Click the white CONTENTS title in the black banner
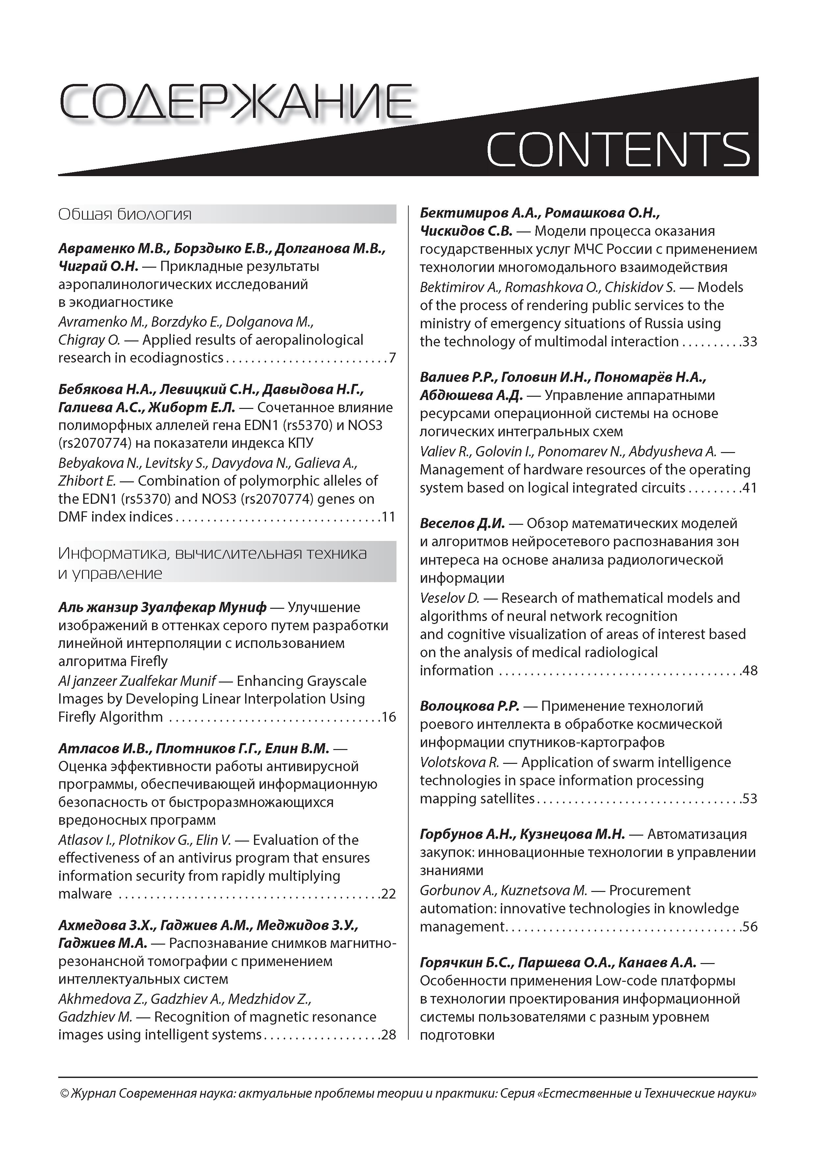[x=618, y=149]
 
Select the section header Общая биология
[x=125, y=215]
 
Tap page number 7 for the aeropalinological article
[x=392, y=358]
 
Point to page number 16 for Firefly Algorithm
[x=389, y=717]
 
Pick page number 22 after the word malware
[x=389, y=894]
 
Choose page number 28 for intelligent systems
[x=389, y=1035]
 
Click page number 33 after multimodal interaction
[x=750, y=342]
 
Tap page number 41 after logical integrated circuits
[x=750, y=488]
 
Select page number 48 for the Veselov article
[x=750, y=671]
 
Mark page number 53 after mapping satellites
[x=750, y=799]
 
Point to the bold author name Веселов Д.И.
[x=462, y=524]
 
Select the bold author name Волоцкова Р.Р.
[x=469, y=706]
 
